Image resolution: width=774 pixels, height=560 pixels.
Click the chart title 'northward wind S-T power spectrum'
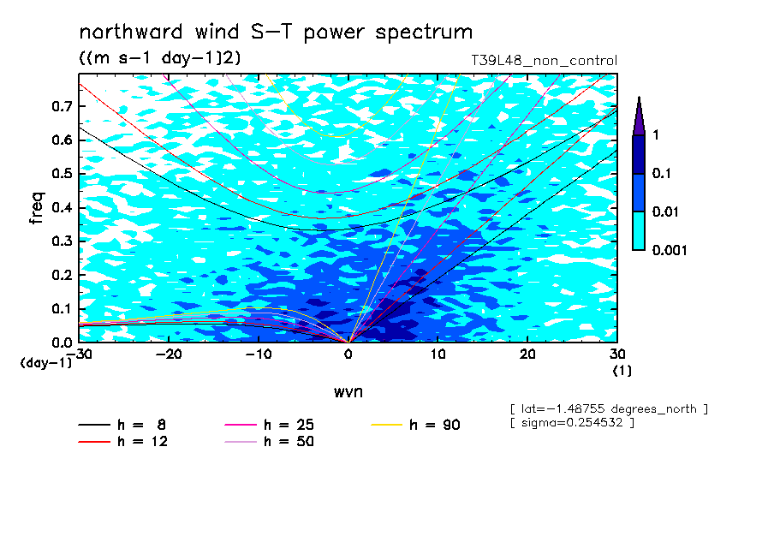point(276,33)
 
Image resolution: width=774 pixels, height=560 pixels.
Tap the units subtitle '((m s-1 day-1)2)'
point(160,57)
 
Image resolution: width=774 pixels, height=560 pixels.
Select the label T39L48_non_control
point(544,61)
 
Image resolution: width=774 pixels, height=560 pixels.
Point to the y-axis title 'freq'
point(37,208)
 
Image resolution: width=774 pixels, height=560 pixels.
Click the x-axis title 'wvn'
point(348,391)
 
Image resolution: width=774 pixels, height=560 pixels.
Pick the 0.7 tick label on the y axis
point(62,106)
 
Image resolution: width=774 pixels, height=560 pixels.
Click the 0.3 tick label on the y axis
point(62,241)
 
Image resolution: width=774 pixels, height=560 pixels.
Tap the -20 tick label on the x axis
point(169,354)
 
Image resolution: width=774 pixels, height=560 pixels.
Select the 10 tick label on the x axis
point(438,354)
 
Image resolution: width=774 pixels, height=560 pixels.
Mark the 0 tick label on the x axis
point(348,354)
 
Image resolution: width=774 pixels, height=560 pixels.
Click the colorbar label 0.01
point(666,211)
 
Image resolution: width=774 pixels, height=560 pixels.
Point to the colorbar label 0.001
point(670,250)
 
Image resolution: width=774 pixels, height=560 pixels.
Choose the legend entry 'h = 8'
point(122,425)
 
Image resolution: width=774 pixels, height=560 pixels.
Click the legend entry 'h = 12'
point(123,441)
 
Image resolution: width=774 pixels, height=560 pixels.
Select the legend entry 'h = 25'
point(269,425)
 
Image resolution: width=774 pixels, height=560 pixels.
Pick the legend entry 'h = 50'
point(269,441)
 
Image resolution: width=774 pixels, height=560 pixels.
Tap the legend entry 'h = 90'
point(415,425)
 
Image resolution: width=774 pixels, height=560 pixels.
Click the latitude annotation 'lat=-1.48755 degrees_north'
point(609,409)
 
